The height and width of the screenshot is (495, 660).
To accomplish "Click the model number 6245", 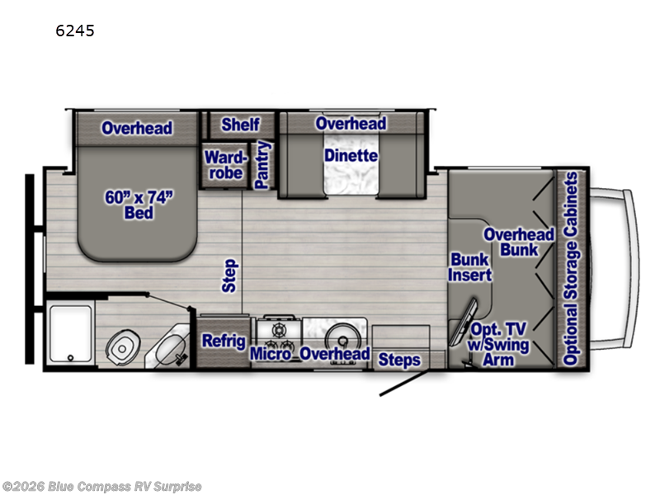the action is click(75, 31).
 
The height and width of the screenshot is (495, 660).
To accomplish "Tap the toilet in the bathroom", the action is click(122, 347).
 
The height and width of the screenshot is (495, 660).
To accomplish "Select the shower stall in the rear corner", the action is click(70, 334).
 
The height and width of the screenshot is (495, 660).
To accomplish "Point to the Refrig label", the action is click(224, 341).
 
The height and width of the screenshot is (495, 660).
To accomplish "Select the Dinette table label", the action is click(351, 156).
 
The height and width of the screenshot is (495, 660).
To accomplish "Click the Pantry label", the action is click(262, 165).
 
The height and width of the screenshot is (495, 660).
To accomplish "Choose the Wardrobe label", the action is click(225, 165).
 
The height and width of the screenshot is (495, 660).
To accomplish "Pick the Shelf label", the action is click(240, 125).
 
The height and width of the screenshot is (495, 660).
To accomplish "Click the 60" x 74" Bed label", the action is click(139, 205).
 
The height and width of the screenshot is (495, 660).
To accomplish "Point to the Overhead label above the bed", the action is click(137, 129).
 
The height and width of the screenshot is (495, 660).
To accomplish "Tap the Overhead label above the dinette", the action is click(351, 124).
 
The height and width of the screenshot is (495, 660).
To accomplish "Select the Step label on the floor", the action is click(230, 276).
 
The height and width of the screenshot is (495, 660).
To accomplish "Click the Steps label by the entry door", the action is click(399, 361).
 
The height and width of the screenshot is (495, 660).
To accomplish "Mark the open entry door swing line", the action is click(404, 384).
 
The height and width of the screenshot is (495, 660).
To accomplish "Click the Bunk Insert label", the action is click(469, 267).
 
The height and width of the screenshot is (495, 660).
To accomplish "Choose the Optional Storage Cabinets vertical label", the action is click(571, 269).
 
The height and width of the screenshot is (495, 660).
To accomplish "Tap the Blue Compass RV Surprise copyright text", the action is click(101, 487).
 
